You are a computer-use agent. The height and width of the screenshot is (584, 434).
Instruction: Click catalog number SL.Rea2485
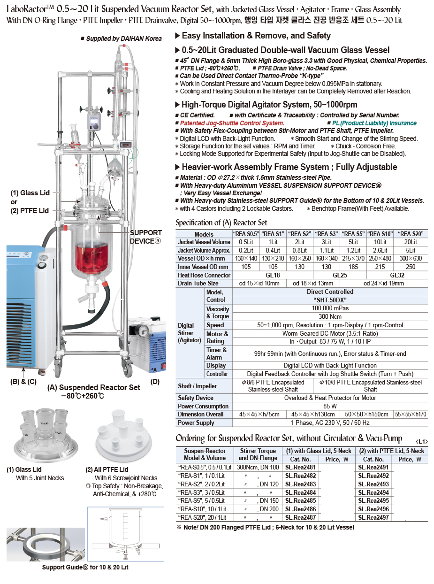(300, 500)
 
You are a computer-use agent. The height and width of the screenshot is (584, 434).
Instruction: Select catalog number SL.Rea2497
(373, 517)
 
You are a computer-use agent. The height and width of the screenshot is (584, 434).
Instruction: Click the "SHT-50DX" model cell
(330, 300)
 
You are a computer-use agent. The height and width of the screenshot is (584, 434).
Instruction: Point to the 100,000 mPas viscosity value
(330, 308)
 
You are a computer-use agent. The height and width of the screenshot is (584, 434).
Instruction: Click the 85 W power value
(330, 406)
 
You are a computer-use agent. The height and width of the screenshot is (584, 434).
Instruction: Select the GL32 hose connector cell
(397, 275)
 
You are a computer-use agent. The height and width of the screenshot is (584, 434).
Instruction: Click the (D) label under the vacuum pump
(155, 382)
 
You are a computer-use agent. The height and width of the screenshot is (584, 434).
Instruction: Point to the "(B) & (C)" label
(23, 382)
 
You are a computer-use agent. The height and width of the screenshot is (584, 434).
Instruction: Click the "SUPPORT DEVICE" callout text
(145, 237)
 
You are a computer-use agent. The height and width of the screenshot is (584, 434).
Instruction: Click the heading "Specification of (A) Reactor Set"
(221, 223)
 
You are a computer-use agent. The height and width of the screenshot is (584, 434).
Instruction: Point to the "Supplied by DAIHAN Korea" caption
(124, 38)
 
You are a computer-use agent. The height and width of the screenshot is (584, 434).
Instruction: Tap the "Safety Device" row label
(196, 398)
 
